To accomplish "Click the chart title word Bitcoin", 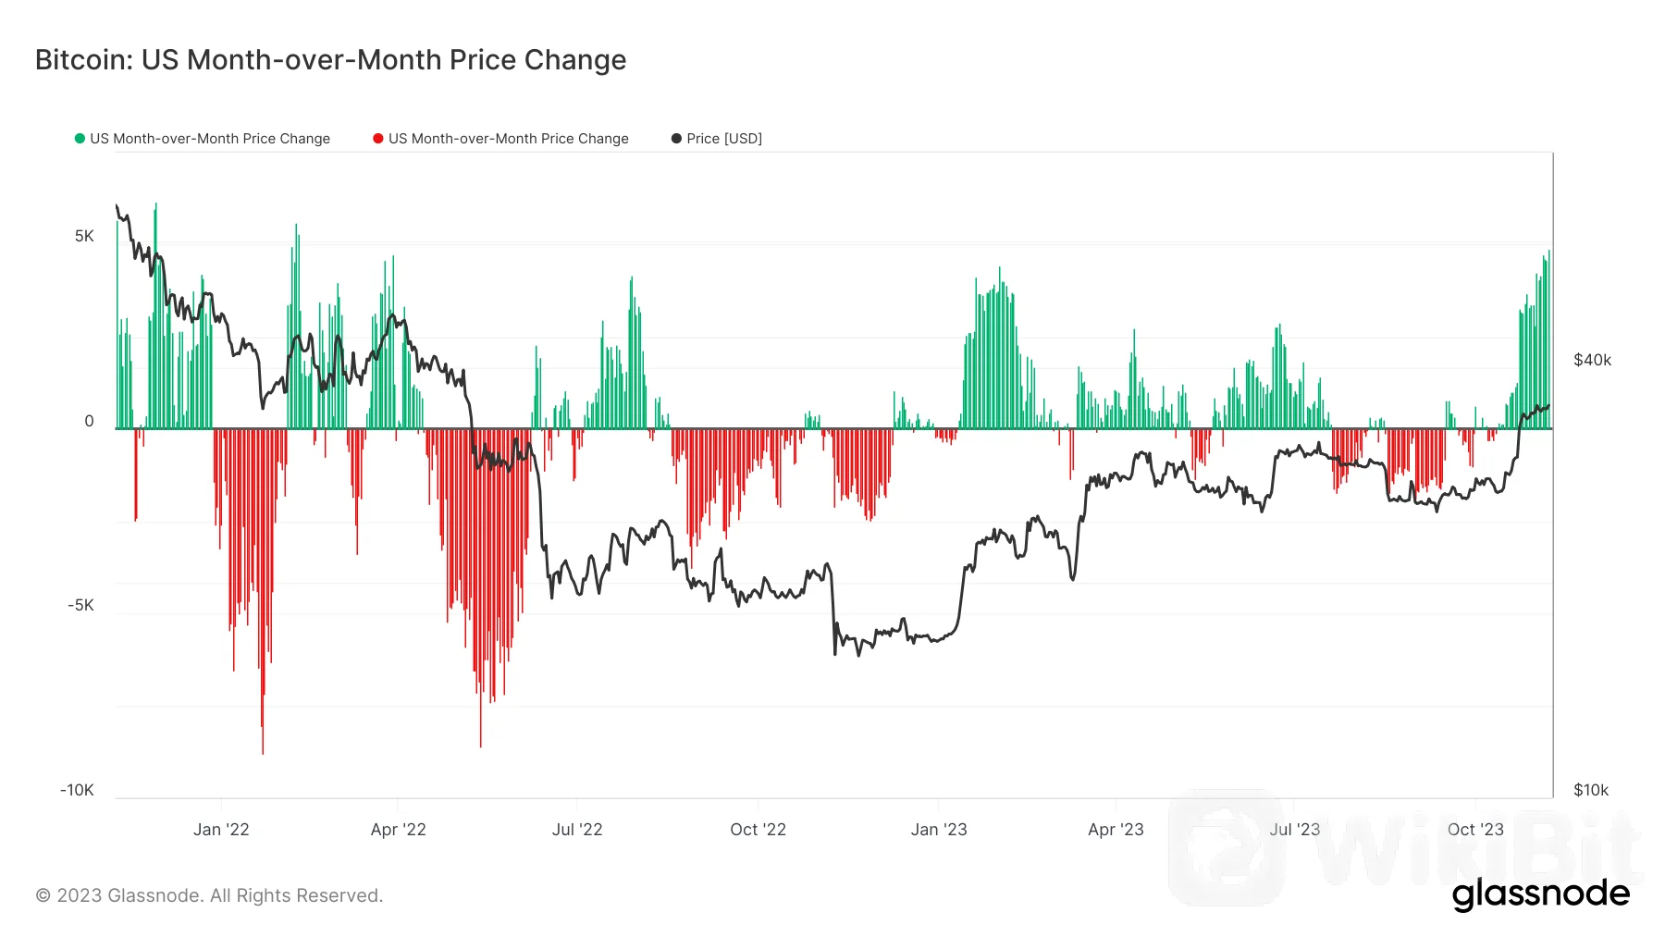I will click(x=83, y=60).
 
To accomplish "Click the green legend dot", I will click(x=80, y=139).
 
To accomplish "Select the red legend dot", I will click(x=377, y=139).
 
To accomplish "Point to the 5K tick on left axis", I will click(x=84, y=237).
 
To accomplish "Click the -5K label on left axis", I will click(x=80, y=606).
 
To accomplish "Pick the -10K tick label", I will click(x=77, y=791).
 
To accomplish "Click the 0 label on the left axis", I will click(x=89, y=422).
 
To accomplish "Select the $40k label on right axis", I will click(x=1592, y=361).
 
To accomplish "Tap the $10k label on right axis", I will click(x=1591, y=791).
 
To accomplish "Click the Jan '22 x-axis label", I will click(x=221, y=830).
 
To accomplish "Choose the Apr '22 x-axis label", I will click(x=398, y=830).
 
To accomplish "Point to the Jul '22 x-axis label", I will click(x=577, y=830).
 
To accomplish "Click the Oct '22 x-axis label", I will click(x=758, y=830).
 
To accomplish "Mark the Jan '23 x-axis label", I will click(x=939, y=830).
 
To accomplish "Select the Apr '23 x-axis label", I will click(x=1116, y=830).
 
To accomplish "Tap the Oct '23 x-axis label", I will click(x=1475, y=830).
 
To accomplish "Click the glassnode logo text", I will click(x=1540, y=894).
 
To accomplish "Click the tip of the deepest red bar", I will click(x=263, y=753).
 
